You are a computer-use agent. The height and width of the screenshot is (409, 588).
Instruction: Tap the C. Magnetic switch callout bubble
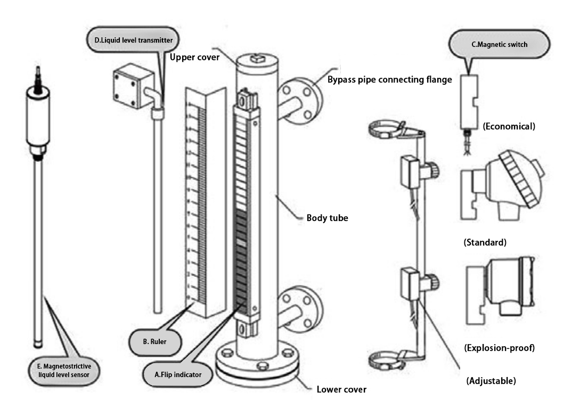tap(500, 45)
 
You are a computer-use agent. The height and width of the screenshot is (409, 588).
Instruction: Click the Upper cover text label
tap(194, 57)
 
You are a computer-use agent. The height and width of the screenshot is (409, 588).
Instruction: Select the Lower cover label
tap(341, 390)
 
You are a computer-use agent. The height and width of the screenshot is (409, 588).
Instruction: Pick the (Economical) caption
tap(509, 127)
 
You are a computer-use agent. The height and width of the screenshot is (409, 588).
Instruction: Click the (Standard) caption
tap(485, 242)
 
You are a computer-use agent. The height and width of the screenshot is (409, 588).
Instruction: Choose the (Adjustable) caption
tap(491, 381)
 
